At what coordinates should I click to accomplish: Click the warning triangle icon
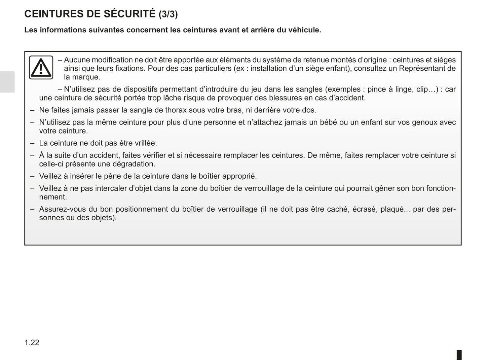click(x=41, y=67)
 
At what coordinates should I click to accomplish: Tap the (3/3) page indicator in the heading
click(x=168, y=14)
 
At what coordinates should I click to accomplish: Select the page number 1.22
click(x=32, y=343)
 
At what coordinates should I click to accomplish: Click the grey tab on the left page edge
click(x=7, y=82)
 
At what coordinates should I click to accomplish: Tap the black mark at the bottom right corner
click(x=459, y=355)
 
